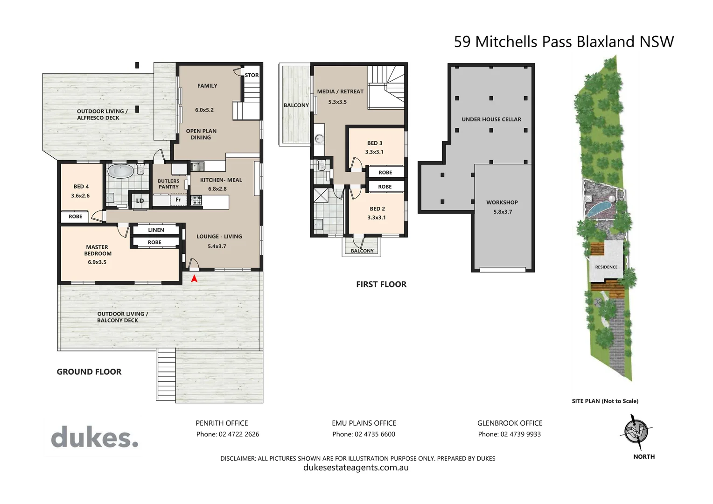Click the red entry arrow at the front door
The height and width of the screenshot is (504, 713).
point(194,279)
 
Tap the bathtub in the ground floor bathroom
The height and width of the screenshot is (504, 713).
point(120,171)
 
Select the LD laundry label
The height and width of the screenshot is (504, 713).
point(140,201)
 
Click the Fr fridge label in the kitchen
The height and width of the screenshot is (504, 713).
point(178,200)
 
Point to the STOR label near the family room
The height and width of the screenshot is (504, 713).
point(252,75)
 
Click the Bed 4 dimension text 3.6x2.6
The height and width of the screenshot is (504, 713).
point(80,196)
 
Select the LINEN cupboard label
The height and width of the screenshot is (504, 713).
point(156,230)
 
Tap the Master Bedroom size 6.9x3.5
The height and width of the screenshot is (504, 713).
point(97,262)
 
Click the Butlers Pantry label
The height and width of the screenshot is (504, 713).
point(168,184)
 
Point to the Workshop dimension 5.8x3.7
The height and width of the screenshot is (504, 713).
point(503,212)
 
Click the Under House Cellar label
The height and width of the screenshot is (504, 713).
point(491,119)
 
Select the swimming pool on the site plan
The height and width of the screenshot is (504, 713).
point(599,208)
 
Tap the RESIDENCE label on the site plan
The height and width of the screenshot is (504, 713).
point(606,267)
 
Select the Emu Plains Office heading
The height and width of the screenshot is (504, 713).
point(364,423)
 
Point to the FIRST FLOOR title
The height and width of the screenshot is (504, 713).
point(381,284)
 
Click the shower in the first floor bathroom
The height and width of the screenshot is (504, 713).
point(321,195)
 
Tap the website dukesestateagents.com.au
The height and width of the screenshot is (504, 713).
point(356,468)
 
